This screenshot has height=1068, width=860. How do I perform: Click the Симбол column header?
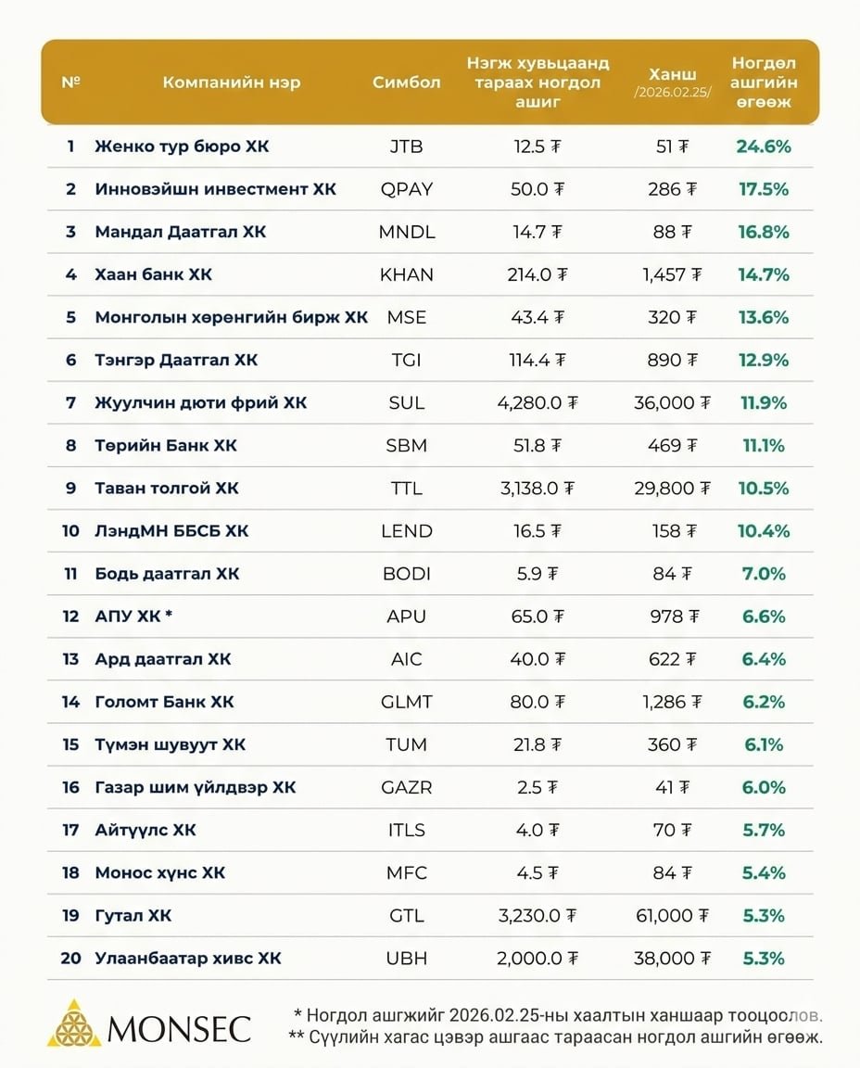pos(406,82)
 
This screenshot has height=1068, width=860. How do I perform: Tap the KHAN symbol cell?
pos(406,274)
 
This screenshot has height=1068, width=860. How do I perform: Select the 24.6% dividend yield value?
pos(763,146)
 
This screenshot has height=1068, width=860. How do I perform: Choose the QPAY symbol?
pos(406,189)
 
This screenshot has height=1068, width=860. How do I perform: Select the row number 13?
pos(70,659)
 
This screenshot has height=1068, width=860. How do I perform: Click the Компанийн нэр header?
pos(231,82)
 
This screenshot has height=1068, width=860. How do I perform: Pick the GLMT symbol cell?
pos(406,702)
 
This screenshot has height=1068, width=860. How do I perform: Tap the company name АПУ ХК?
pos(133,617)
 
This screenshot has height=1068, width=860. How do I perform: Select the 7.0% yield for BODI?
pos(763,574)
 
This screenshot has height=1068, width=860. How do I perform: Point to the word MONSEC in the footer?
pos(179,1028)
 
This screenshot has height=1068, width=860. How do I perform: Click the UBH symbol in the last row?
pos(406,958)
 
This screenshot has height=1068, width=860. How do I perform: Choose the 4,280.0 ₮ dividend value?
pos(537,402)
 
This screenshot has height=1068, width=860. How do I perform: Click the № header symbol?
pos(70,82)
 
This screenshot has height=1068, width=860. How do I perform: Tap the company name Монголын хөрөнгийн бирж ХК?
pos(231,317)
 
